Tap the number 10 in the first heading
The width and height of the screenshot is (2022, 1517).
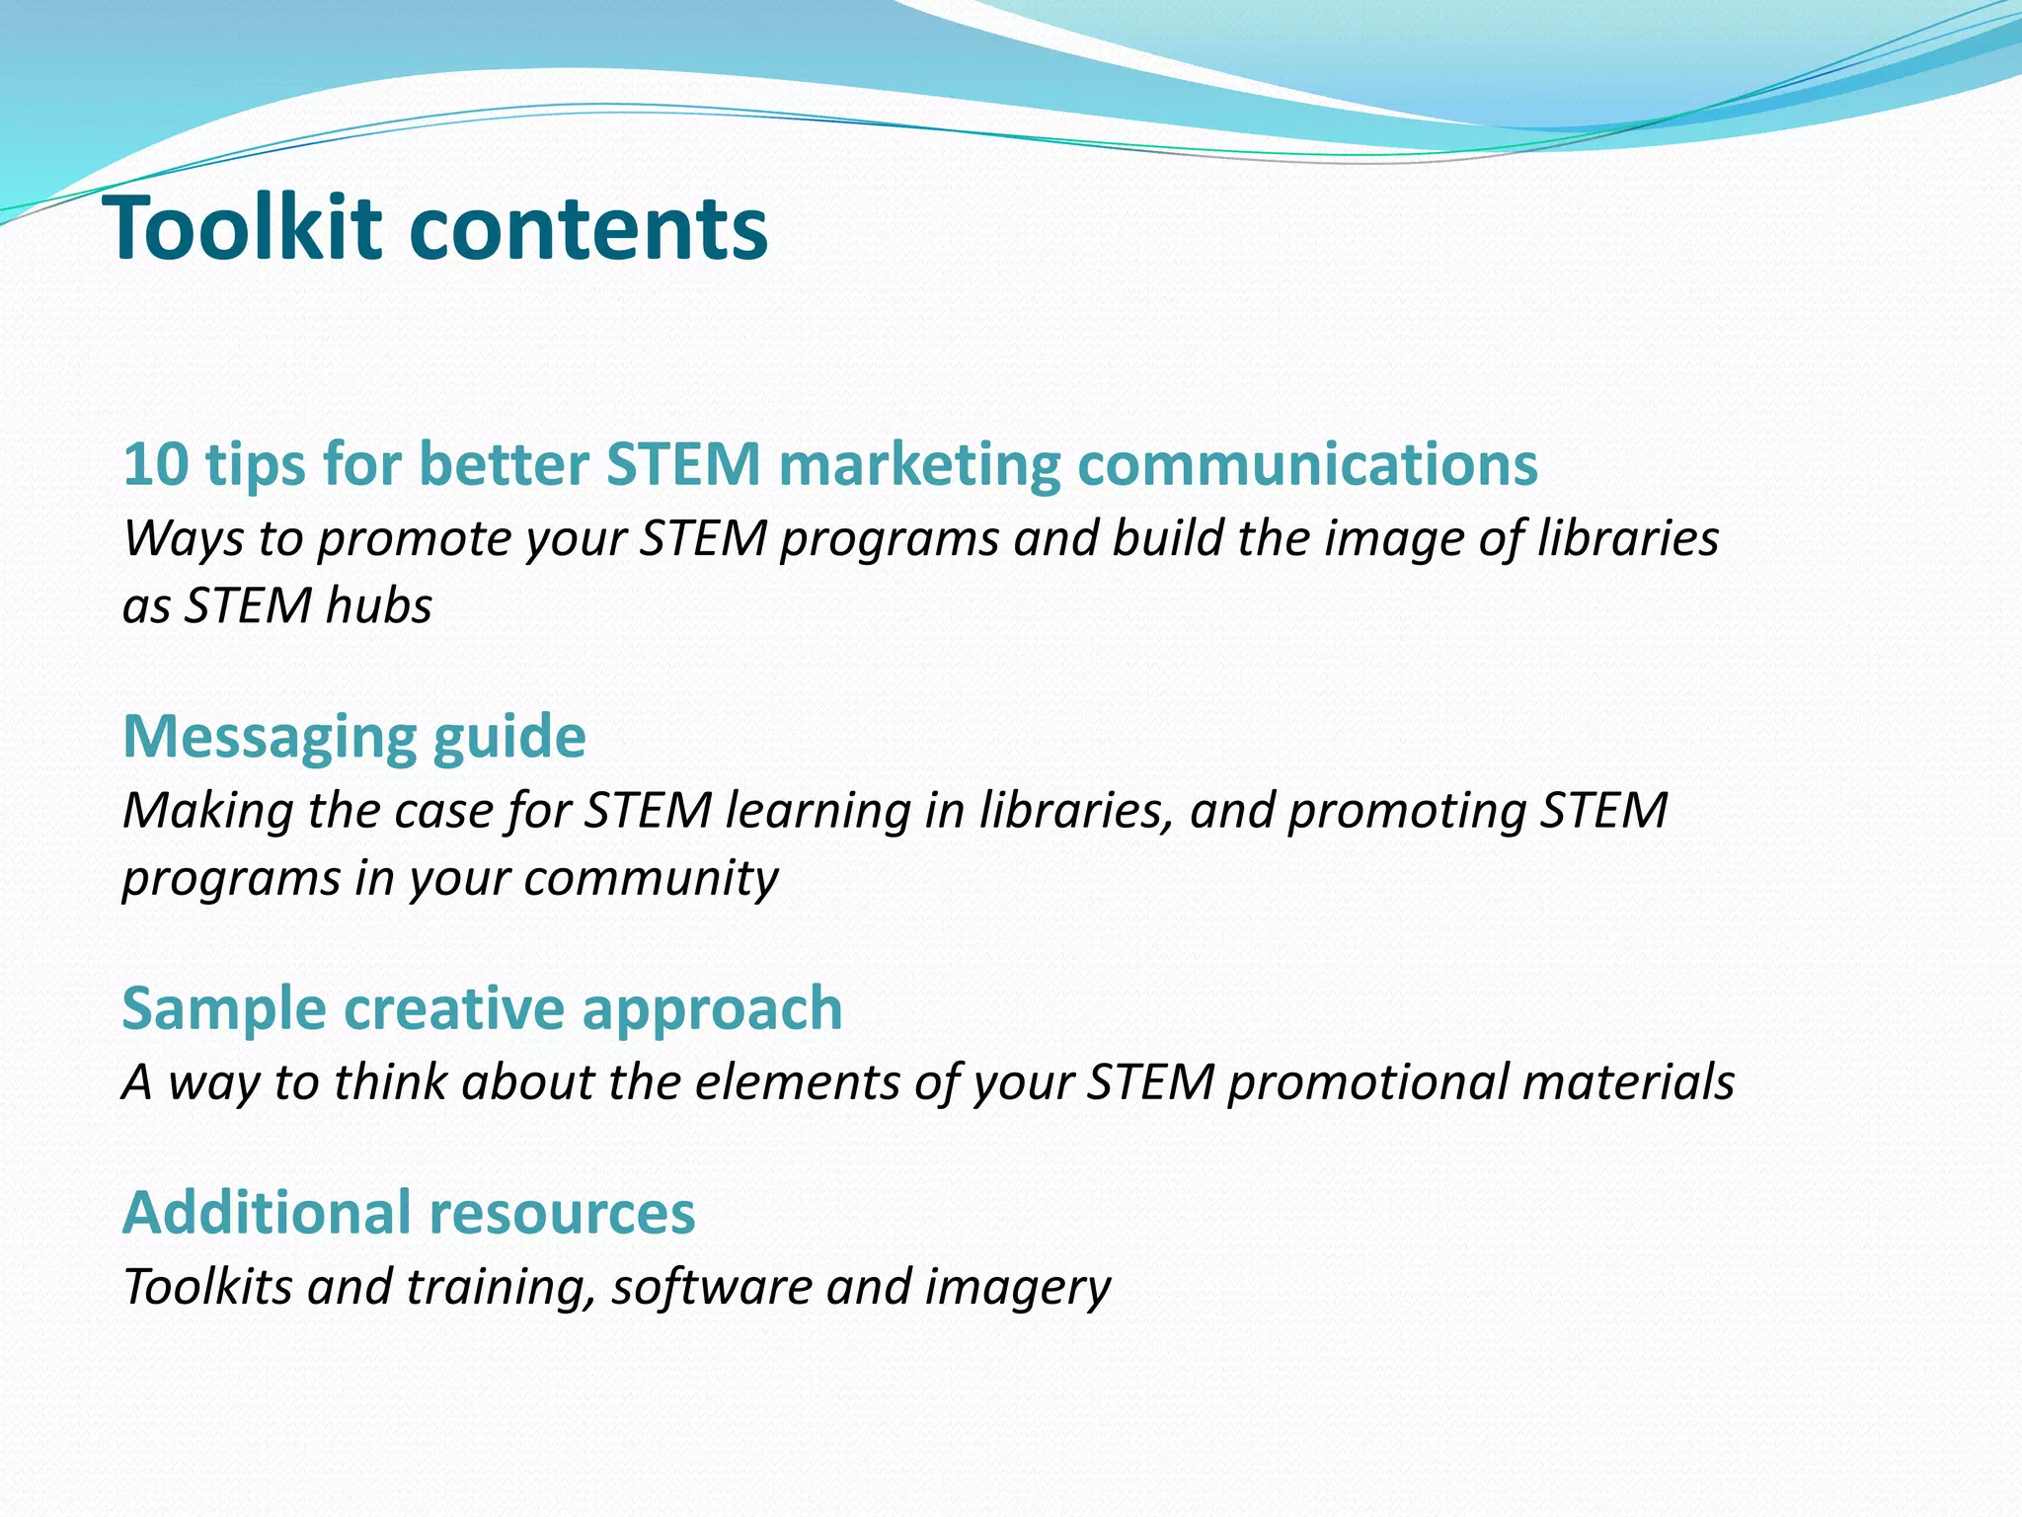point(156,464)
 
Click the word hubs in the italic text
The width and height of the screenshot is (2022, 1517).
point(379,605)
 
